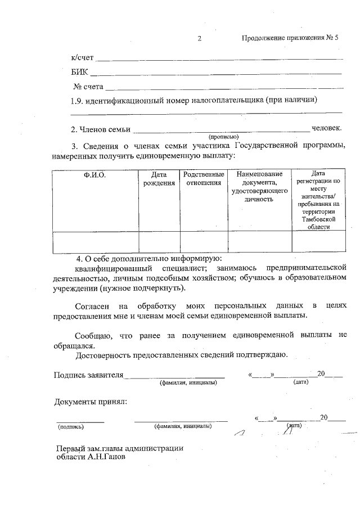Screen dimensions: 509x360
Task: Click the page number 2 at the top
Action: (199, 39)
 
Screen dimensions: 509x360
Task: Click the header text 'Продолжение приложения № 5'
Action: (290, 39)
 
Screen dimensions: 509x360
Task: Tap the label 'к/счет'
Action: (82, 58)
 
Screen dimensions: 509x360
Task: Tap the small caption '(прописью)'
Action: (223, 137)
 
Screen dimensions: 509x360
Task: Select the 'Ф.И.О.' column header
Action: (94, 175)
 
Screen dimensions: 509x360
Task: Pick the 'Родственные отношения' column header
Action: (204, 179)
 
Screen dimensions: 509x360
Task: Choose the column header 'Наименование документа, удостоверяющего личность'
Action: (259, 186)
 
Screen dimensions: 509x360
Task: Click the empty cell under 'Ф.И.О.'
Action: (95, 242)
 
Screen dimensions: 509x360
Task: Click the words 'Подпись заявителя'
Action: (88, 375)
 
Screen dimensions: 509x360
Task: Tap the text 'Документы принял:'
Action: (90, 402)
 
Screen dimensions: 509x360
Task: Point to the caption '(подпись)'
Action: (71, 426)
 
